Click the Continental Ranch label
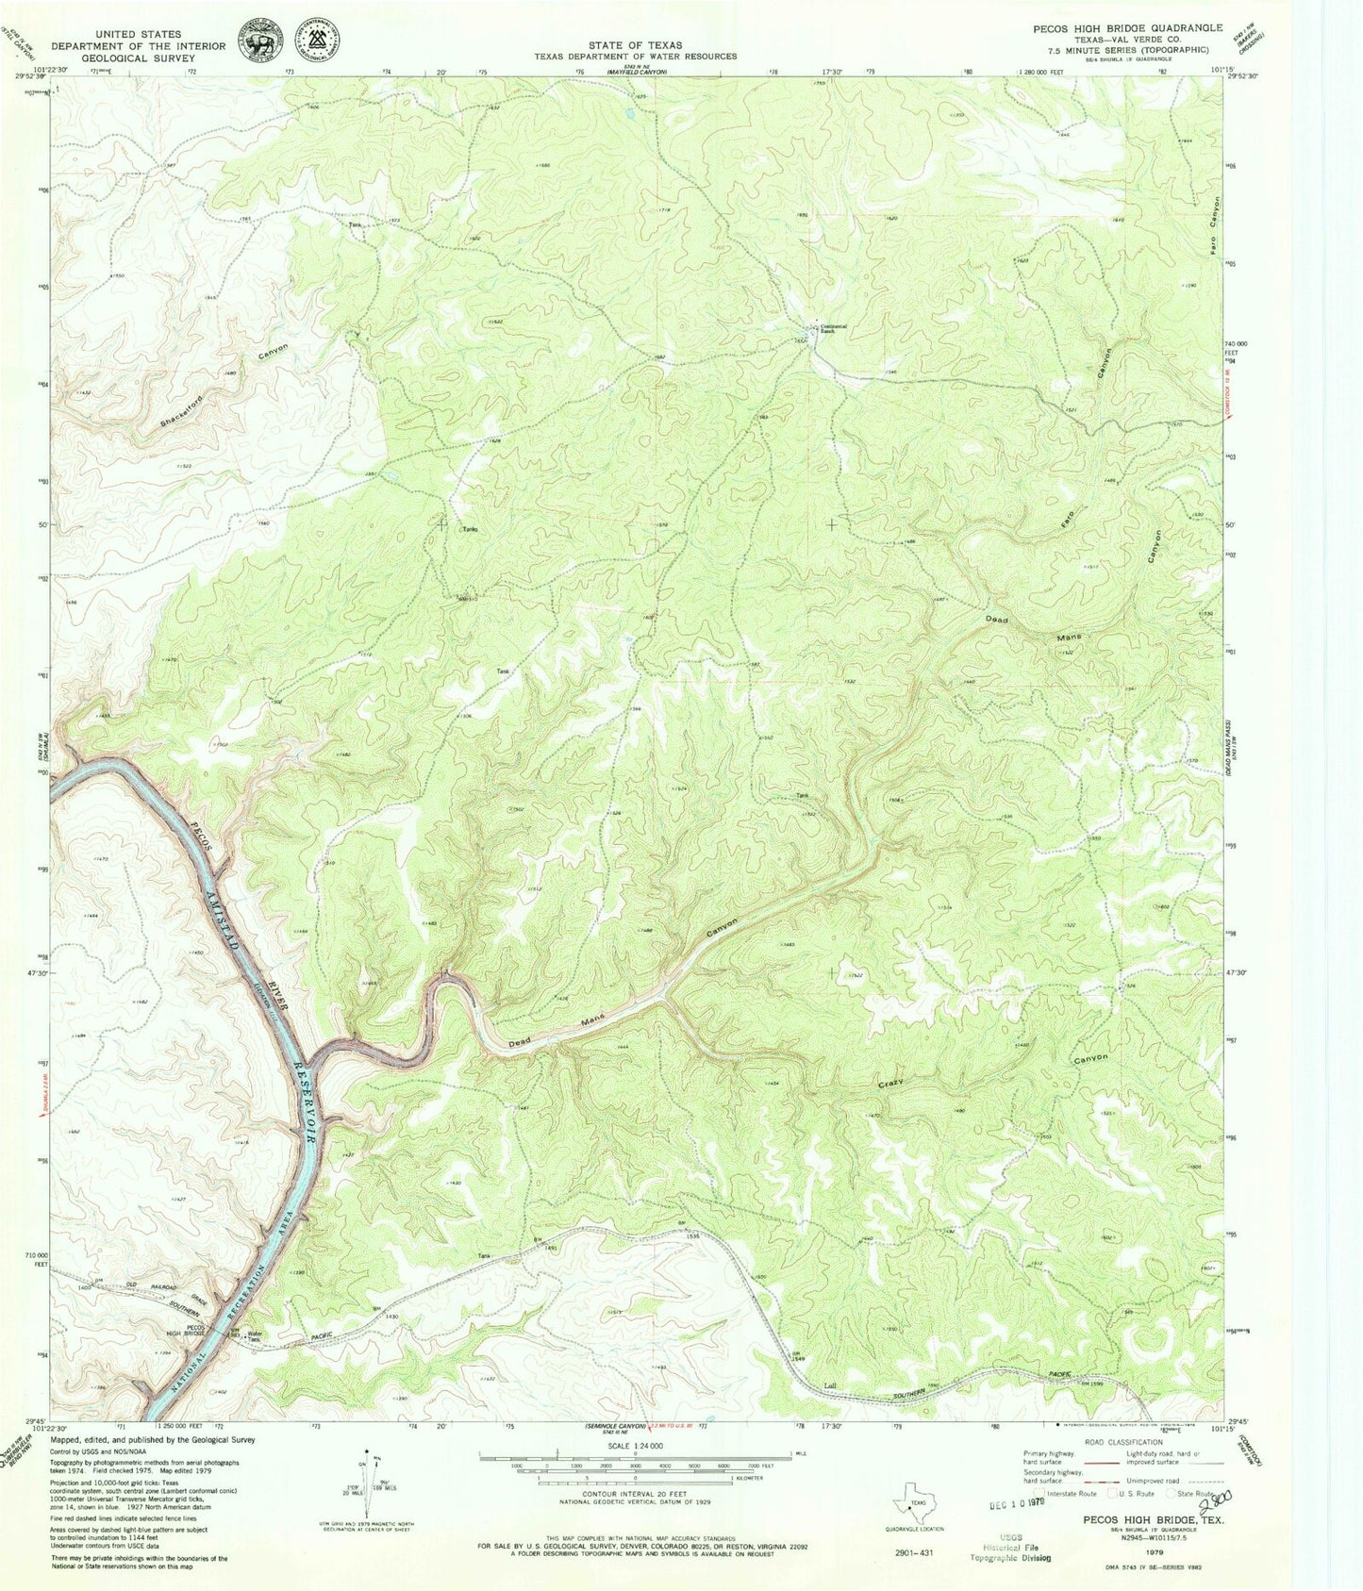click(x=833, y=328)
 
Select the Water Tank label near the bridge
click(x=254, y=1336)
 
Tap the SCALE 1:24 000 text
click(x=636, y=1446)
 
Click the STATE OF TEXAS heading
click(x=636, y=44)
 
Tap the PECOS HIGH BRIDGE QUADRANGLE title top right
click(x=1127, y=28)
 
